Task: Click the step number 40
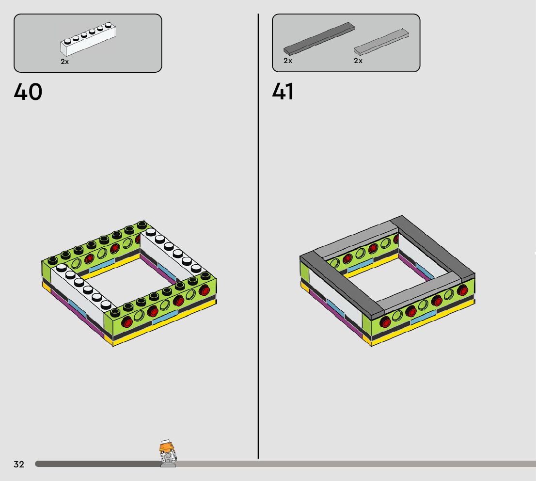(x=28, y=92)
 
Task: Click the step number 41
(x=283, y=92)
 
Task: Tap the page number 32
(x=19, y=464)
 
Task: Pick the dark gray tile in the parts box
(x=319, y=39)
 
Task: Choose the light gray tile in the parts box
(x=381, y=42)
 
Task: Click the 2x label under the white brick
(x=64, y=62)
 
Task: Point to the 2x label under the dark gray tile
(x=288, y=61)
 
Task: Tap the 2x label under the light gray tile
(x=358, y=61)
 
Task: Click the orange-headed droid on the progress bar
(x=168, y=454)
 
